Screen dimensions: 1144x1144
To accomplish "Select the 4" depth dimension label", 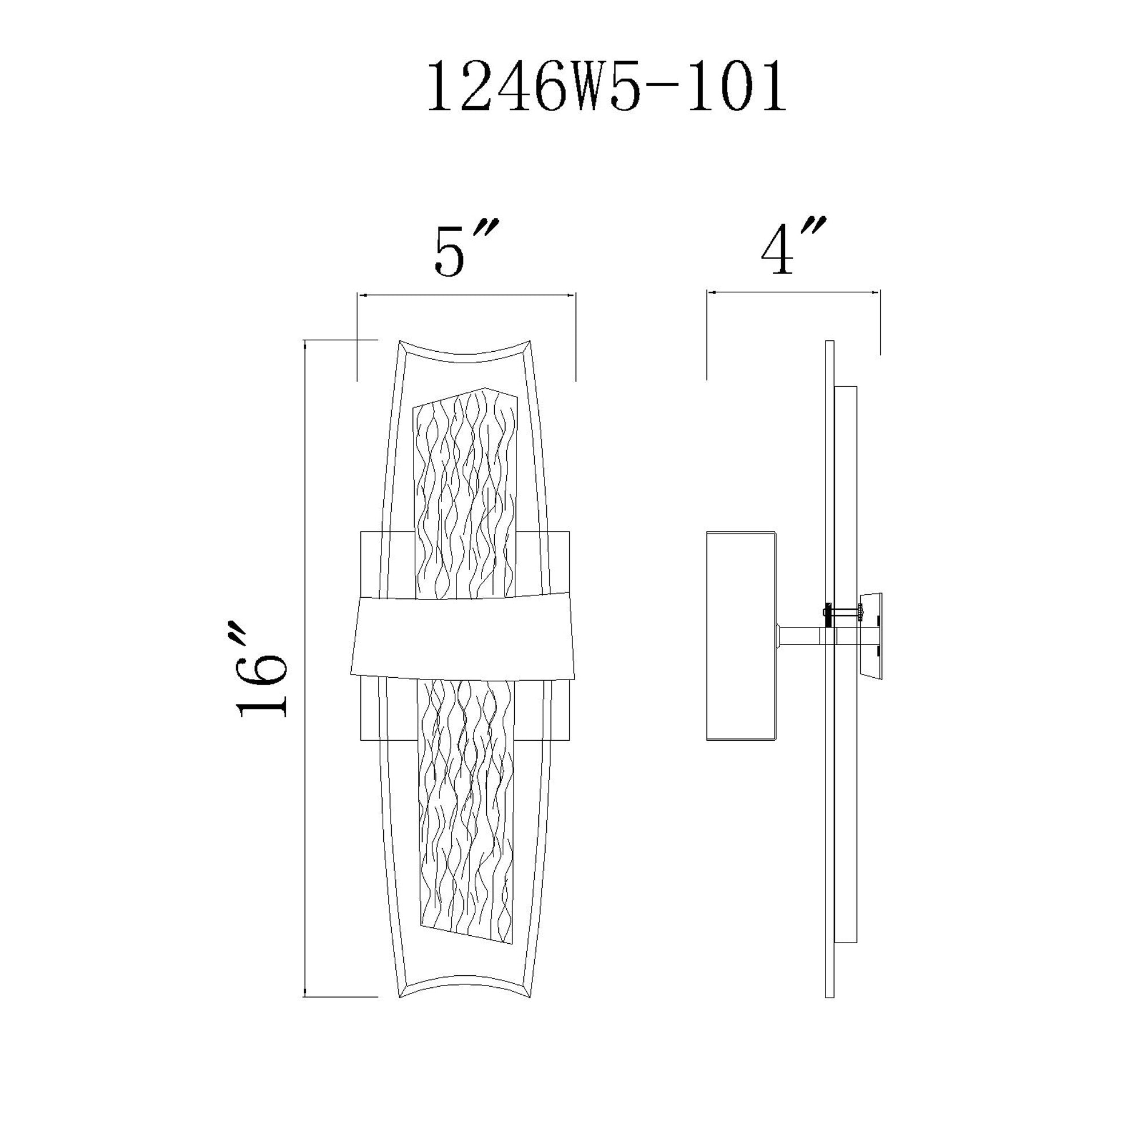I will coord(792,247).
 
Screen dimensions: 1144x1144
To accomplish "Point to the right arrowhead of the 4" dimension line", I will coord(876,292).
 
